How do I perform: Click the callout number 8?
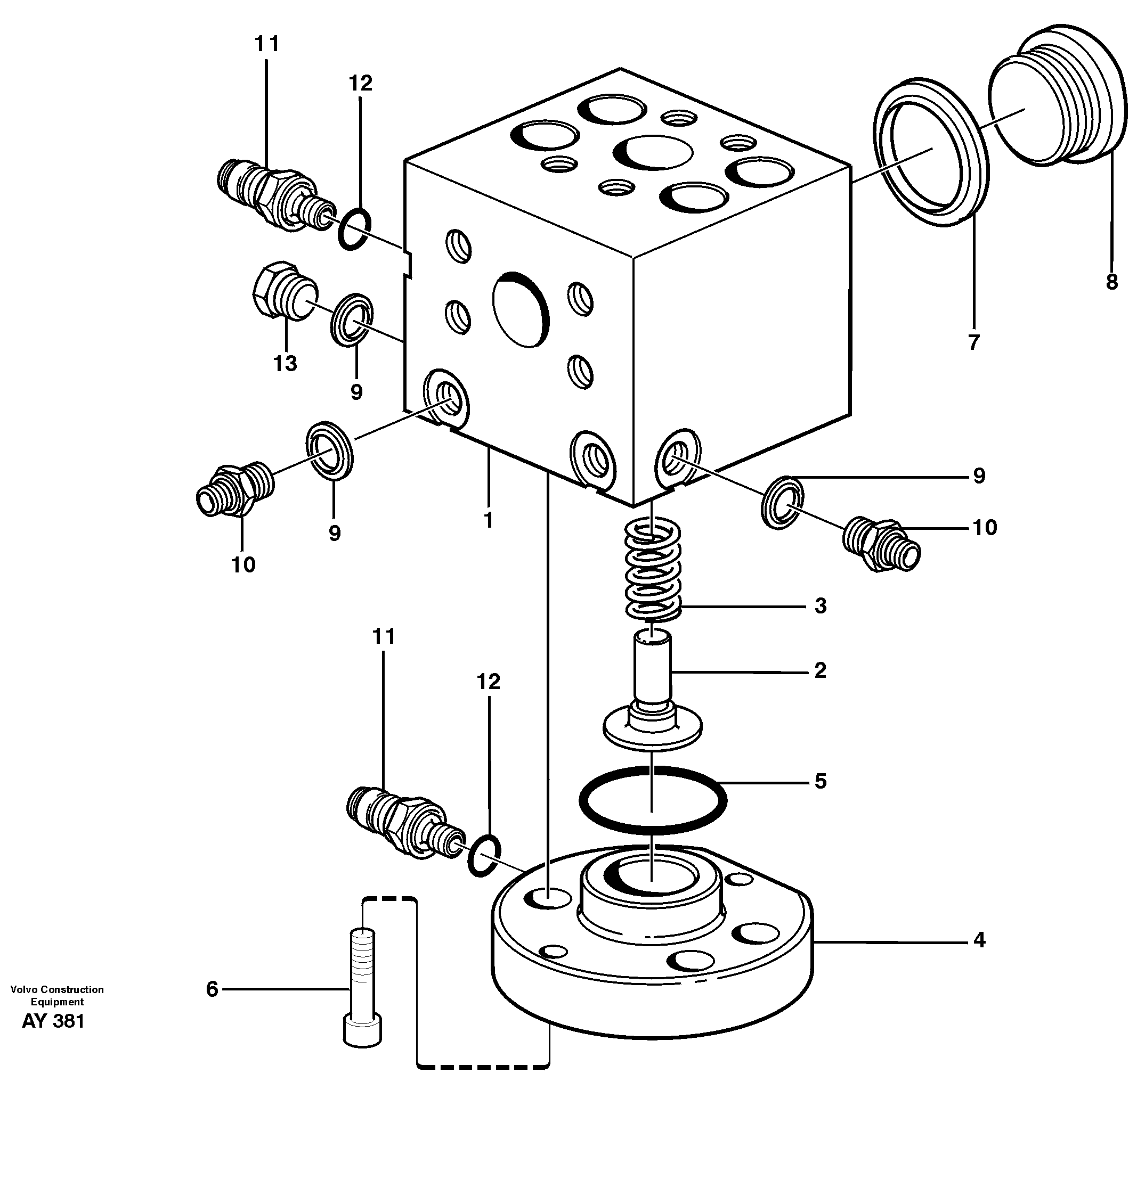pos(1112,282)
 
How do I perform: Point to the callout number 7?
pos(973,342)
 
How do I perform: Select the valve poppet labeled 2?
pos(653,692)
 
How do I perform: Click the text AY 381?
pos(53,1022)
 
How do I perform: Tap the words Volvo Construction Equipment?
pos(56,995)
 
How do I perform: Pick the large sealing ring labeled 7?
pos(931,152)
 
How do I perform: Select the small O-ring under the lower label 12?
pos(484,856)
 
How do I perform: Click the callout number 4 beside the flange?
pos(979,940)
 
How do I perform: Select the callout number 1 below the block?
pos(488,520)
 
